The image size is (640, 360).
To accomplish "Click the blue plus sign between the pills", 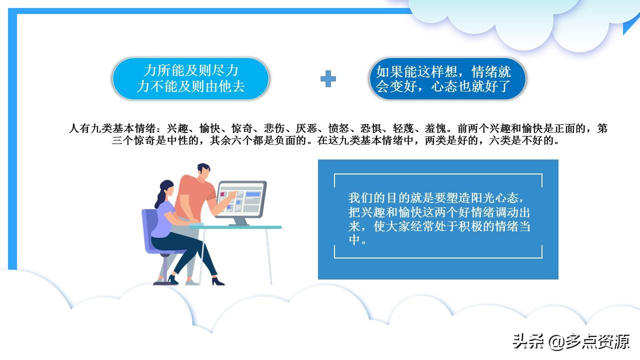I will [328, 78].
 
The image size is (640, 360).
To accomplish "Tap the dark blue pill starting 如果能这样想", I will [448, 78].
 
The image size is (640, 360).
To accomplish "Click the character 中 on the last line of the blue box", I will [354, 240].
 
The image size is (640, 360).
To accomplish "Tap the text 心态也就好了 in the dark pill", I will [470, 87].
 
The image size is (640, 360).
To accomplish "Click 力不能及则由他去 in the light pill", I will [190, 86].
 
